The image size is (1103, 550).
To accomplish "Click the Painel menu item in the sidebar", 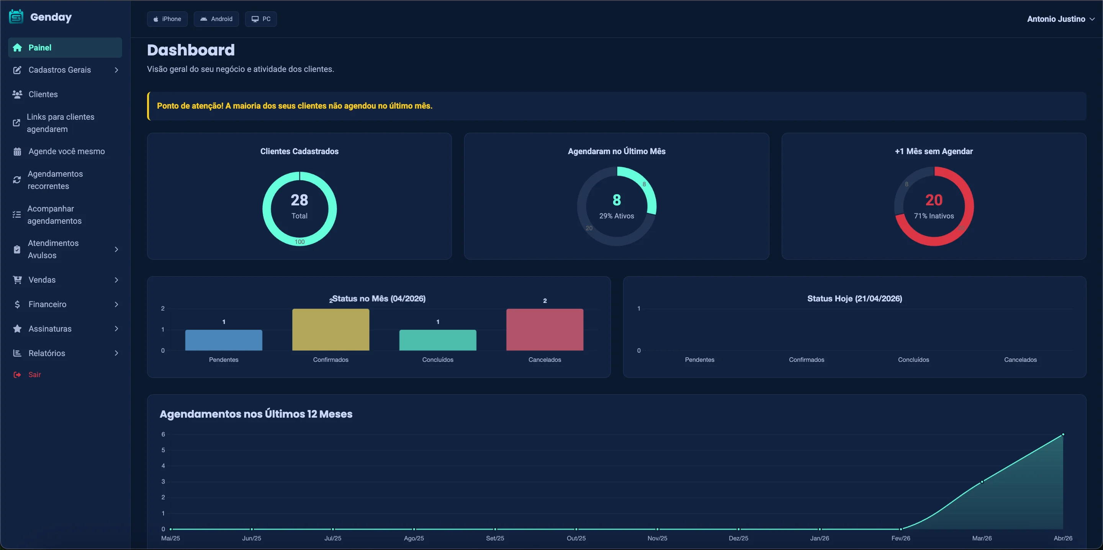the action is point(65,47).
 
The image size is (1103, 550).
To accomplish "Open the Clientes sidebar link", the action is point(43,94).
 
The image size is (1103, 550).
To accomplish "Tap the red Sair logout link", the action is point(34,375).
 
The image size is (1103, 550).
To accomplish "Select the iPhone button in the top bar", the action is point(167,19).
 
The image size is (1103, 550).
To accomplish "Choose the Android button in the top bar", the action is point(216,19).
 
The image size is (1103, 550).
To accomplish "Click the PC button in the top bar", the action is point(261,19).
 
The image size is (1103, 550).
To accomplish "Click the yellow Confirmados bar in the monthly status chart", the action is point(331,330).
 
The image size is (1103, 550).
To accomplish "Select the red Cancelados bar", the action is point(545,330).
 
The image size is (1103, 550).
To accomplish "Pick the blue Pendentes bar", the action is point(224,340).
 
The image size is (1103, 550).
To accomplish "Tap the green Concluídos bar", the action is point(438,340).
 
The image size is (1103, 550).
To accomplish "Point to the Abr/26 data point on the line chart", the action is point(1063,434).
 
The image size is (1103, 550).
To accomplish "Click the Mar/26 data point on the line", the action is point(982,482).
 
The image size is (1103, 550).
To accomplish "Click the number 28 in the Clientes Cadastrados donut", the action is point(299,200).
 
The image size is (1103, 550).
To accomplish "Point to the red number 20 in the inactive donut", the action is point(934,200).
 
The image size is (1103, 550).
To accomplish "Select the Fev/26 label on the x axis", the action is point(901,538).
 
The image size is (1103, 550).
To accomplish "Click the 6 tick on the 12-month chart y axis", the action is point(163,434).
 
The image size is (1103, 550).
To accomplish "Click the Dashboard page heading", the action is point(191,50).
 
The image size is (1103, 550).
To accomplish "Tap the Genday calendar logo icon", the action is point(16,17).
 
